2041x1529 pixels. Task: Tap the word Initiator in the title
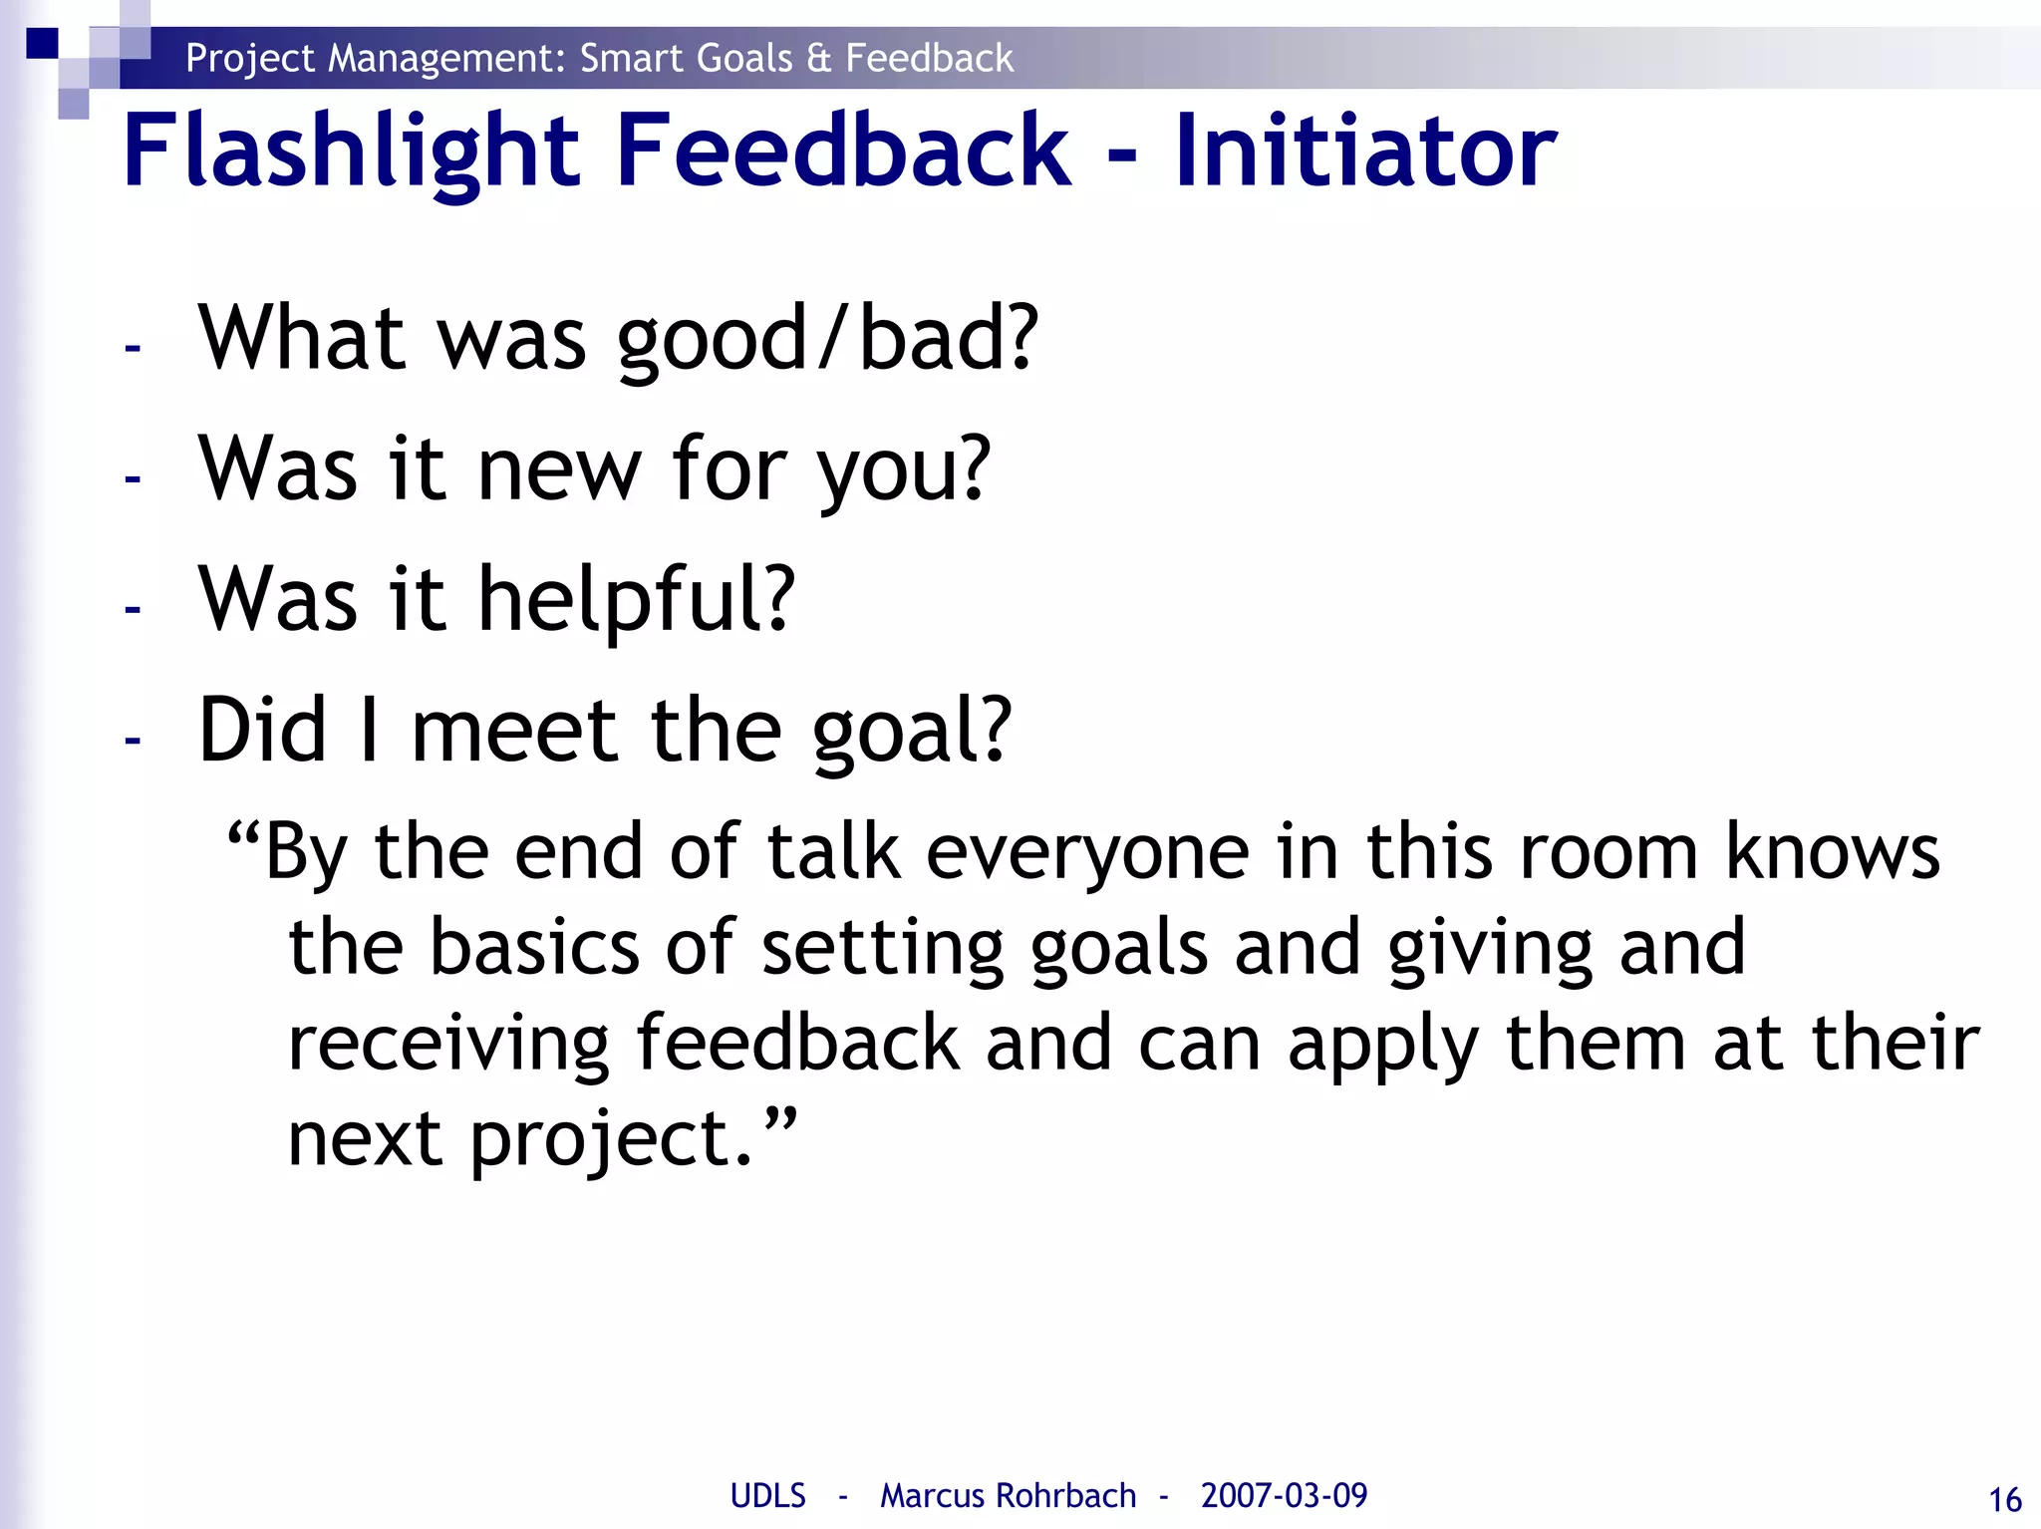tap(1364, 152)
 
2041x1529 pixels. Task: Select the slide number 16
tap(2004, 1499)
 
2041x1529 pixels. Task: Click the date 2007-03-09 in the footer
tap(1284, 1495)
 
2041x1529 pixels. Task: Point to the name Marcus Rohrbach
tap(1008, 1495)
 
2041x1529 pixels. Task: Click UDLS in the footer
tap(767, 1495)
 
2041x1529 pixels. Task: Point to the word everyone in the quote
tap(1087, 853)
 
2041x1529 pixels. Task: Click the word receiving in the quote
tap(447, 1045)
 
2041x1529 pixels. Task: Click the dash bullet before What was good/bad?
tap(133, 348)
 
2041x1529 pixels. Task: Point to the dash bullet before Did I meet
tap(133, 740)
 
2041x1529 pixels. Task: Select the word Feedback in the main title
tap(843, 152)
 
